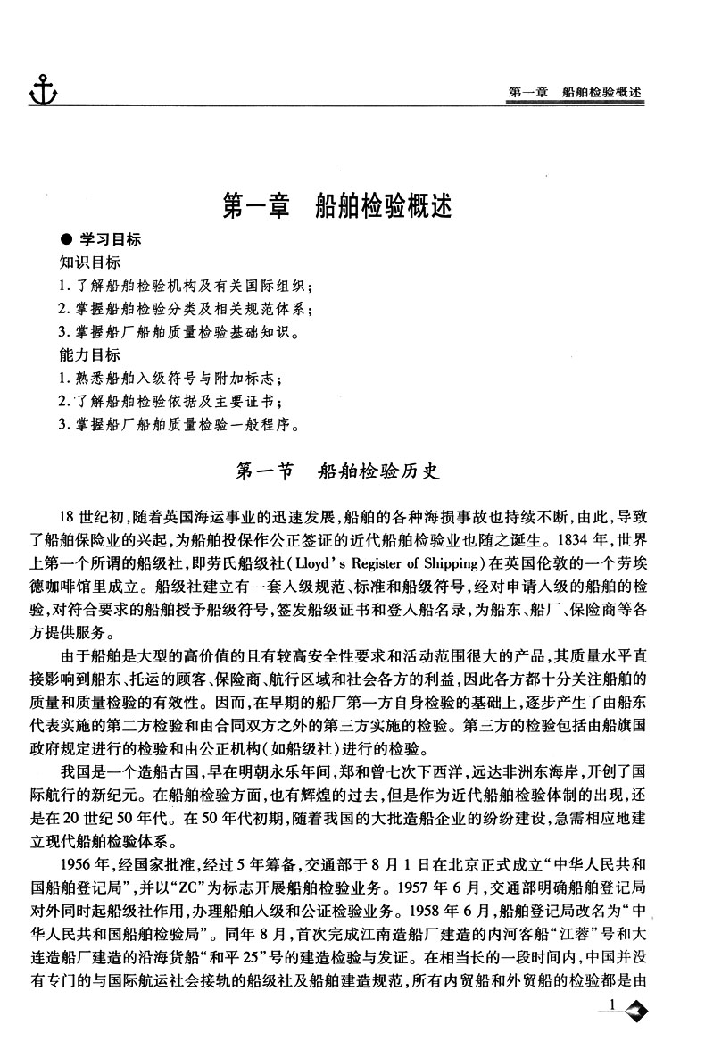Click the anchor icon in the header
(41, 91)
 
